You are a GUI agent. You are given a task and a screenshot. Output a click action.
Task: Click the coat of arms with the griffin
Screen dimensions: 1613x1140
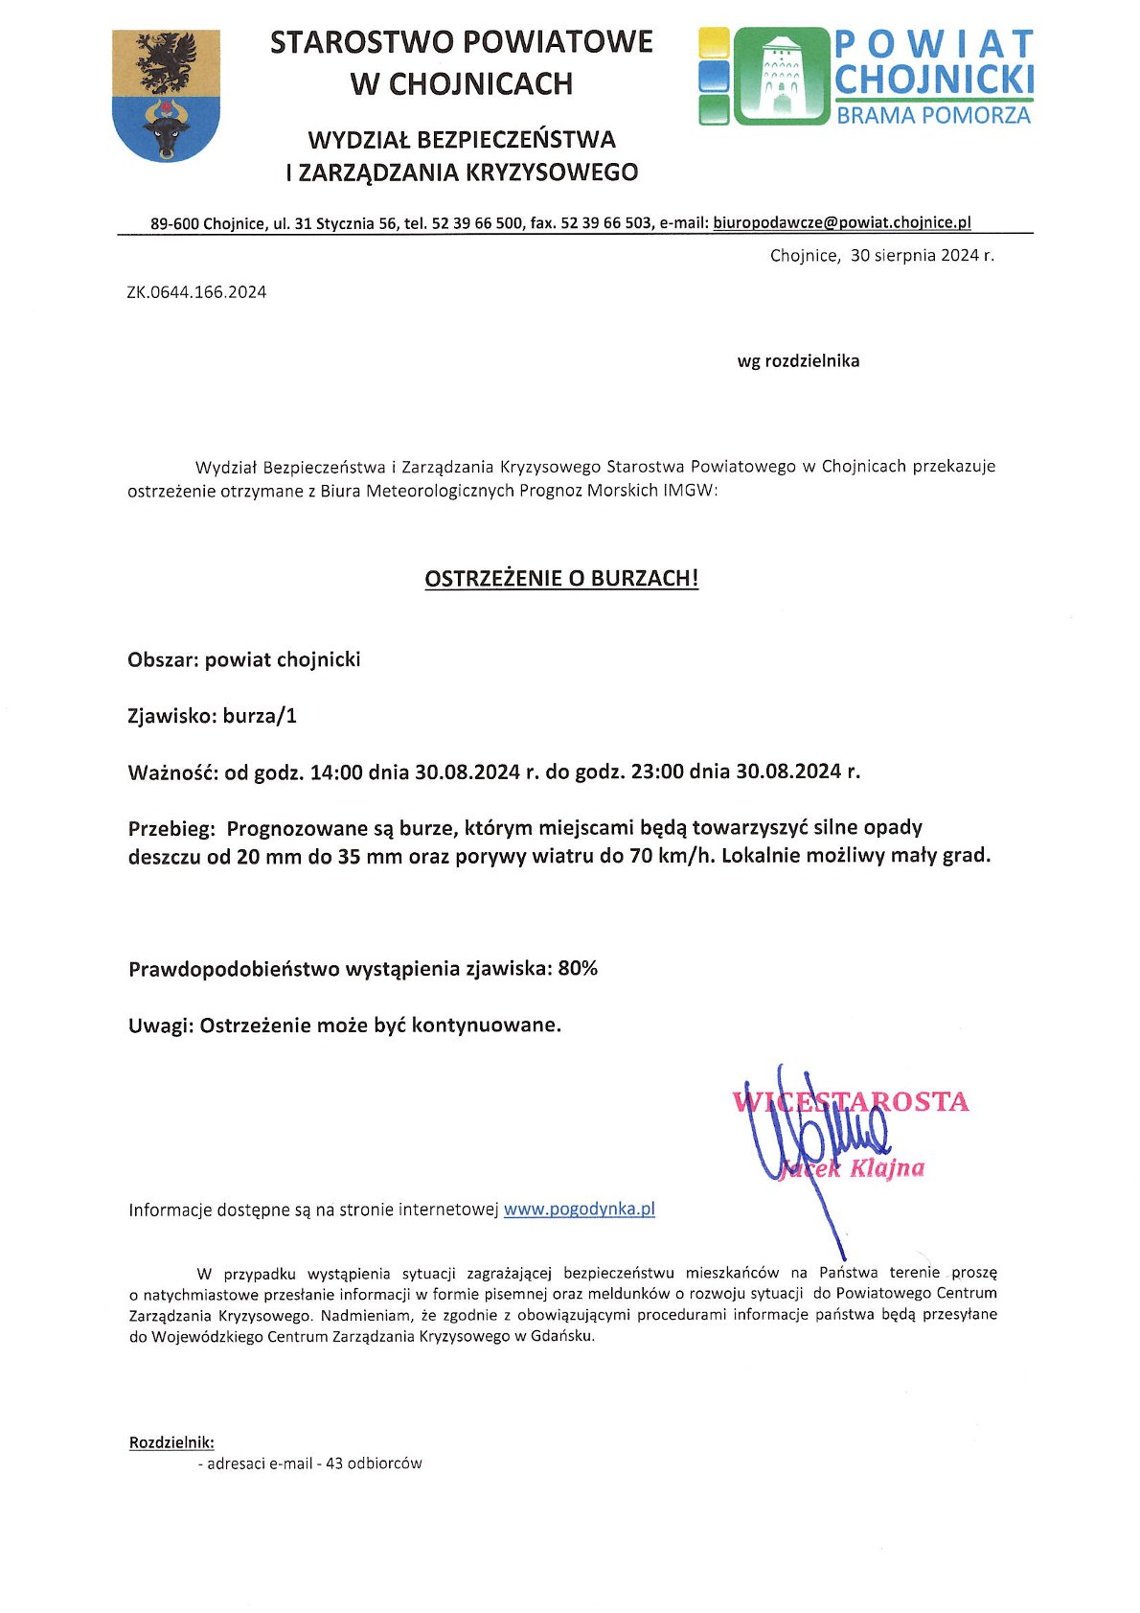pyautogui.click(x=166, y=95)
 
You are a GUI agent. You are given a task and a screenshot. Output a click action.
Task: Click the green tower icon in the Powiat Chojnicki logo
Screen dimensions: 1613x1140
pyautogui.click(x=781, y=76)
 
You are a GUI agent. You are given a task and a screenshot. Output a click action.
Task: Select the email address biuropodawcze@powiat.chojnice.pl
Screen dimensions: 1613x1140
pyautogui.click(x=842, y=222)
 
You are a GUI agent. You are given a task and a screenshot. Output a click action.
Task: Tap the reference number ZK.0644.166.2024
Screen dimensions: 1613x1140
pyautogui.click(x=196, y=292)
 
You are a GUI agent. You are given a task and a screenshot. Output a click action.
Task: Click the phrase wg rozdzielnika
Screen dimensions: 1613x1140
pyautogui.click(x=798, y=361)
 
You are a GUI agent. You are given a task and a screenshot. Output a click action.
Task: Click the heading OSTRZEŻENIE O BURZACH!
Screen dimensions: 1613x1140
pyautogui.click(x=561, y=578)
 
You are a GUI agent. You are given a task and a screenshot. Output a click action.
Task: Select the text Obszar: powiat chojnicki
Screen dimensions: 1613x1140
pyautogui.click(x=244, y=659)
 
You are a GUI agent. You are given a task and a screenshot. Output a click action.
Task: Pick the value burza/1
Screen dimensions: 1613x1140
pyautogui.click(x=260, y=716)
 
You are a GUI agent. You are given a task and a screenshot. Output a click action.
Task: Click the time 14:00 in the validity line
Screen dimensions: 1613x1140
pyautogui.click(x=336, y=772)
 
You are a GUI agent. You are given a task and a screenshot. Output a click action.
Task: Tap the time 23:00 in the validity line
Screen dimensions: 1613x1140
pyautogui.click(x=657, y=772)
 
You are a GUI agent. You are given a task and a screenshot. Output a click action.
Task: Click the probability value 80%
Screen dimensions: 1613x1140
pyautogui.click(x=578, y=968)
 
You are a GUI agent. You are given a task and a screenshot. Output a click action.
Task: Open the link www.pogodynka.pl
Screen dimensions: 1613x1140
pyautogui.click(x=580, y=1209)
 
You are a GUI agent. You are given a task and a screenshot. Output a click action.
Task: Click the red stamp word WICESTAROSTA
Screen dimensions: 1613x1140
pyautogui.click(x=851, y=1101)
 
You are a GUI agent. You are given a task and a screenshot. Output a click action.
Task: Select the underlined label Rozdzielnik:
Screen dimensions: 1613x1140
pyautogui.click(x=171, y=1441)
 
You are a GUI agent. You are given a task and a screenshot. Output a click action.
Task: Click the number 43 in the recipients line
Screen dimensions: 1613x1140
pyautogui.click(x=334, y=1463)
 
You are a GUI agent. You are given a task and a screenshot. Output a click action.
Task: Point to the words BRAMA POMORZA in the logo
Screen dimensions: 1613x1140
pyautogui.click(x=933, y=116)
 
